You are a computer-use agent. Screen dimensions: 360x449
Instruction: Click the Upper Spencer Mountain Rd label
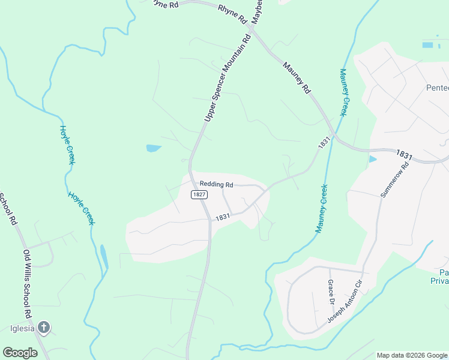coord(226,78)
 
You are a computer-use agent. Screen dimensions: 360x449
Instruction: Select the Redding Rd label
coord(216,184)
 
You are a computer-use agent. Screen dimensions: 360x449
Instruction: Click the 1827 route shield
coord(199,195)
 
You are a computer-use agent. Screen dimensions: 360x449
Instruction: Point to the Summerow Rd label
coord(394,179)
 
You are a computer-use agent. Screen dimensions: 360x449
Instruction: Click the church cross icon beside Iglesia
coord(43,328)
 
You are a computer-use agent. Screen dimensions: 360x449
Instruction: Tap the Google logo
coord(20,353)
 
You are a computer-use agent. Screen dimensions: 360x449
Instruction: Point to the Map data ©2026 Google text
coord(412,355)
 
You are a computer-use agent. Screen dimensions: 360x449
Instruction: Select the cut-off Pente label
coord(437,88)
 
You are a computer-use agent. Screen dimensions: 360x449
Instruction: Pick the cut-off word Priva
coord(439,280)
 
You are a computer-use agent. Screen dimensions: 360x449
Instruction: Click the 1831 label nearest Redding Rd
coord(223,217)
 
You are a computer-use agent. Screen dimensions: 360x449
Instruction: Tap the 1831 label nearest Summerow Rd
coord(405,155)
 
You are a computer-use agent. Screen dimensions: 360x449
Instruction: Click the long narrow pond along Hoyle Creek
coord(104,256)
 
